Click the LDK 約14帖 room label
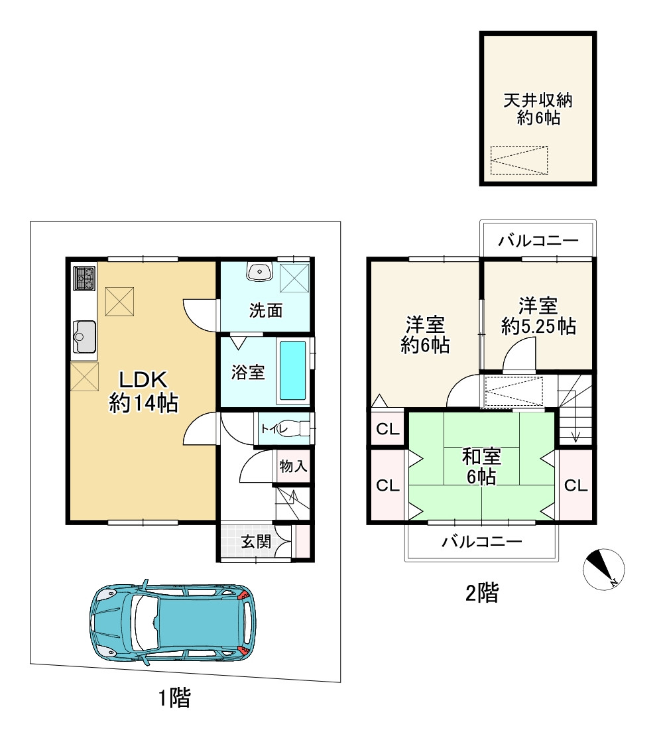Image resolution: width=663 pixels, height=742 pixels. pyautogui.click(x=143, y=391)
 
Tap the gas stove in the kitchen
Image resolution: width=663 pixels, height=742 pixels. pyautogui.click(x=84, y=278)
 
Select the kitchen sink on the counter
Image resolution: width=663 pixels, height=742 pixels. pyautogui.click(x=84, y=336)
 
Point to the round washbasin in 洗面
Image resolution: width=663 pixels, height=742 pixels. pyautogui.click(x=259, y=271)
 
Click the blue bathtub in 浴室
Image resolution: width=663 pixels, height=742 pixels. pyautogui.click(x=292, y=371)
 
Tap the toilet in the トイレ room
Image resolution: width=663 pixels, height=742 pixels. pyautogui.click(x=298, y=428)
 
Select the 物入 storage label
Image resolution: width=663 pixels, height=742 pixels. pyautogui.click(x=294, y=466)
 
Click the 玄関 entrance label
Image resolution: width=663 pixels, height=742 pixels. pyautogui.click(x=256, y=541)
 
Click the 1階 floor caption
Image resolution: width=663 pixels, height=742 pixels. pyautogui.click(x=174, y=698)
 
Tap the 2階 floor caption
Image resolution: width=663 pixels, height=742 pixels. pyautogui.click(x=482, y=592)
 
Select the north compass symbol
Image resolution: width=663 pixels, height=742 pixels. pyautogui.click(x=604, y=570)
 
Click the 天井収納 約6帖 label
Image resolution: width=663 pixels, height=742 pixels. pyautogui.click(x=538, y=109)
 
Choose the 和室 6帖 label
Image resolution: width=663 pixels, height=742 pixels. pyautogui.click(x=481, y=467)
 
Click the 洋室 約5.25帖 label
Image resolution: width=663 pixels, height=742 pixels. pyautogui.click(x=538, y=316)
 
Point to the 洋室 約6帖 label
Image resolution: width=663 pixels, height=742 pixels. pyautogui.click(x=425, y=335)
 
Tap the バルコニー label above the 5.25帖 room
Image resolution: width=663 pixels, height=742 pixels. pyautogui.click(x=538, y=241)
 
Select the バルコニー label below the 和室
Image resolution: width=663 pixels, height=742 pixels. pyautogui.click(x=482, y=541)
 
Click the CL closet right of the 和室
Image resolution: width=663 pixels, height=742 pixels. pyautogui.click(x=576, y=485)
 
